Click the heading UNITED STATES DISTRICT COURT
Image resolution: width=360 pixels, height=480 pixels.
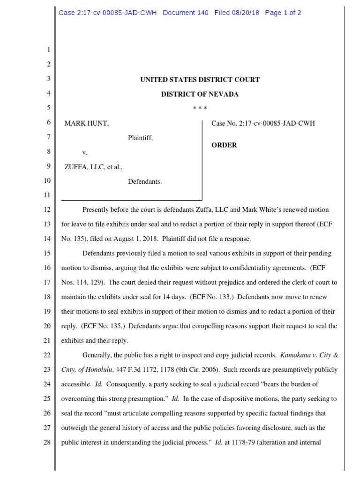[200, 80]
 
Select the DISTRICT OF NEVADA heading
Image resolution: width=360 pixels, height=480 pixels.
[200, 94]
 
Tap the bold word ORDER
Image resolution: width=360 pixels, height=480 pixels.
[224, 145]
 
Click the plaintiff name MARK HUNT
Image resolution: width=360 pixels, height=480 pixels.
[87, 124]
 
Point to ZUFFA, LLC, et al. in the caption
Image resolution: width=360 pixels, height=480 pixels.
[94, 167]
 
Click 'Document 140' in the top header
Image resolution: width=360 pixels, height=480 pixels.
[186, 13]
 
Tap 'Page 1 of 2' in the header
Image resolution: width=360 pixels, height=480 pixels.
[283, 13]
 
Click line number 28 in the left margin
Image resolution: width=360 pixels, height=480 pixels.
[46, 442]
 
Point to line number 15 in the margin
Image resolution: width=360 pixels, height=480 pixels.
[46, 254]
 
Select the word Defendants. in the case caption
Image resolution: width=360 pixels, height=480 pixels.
[145, 181]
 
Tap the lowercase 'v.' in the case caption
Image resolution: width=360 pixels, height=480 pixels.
[85, 152]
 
